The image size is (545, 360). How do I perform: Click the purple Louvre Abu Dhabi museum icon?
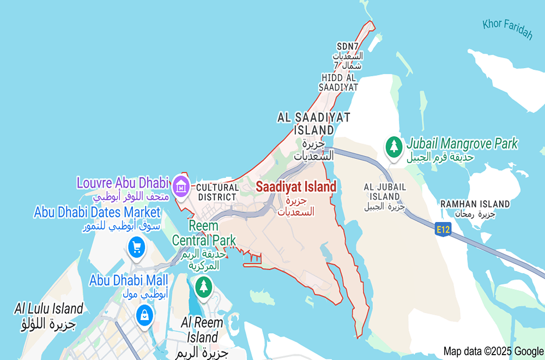click(180, 187)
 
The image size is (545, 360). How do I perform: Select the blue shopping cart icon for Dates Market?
click(136, 248)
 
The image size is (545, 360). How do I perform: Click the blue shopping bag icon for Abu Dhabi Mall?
click(144, 315)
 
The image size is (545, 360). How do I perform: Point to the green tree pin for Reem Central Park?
click(204, 285)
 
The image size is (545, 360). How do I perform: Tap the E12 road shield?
click(443, 230)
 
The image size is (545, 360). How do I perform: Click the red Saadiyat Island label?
click(296, 187)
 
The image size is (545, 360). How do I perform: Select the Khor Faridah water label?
click(507, 29)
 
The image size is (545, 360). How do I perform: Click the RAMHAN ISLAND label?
click(475, 204)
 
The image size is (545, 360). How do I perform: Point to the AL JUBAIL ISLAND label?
click(385, 191)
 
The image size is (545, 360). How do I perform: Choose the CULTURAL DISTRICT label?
click(217, 192)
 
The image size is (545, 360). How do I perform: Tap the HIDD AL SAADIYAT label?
click(339, 82)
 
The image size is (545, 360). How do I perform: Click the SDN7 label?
click(348, 46)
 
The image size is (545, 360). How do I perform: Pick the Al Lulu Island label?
click(49, 309)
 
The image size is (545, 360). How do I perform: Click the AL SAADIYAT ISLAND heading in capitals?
click(313, 123)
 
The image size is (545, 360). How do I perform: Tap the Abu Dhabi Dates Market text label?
click(98, 212)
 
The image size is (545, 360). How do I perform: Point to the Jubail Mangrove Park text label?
click(462, 144)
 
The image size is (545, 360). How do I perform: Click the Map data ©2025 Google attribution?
click(493, 351)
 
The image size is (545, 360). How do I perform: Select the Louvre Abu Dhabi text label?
click(123, 182)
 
